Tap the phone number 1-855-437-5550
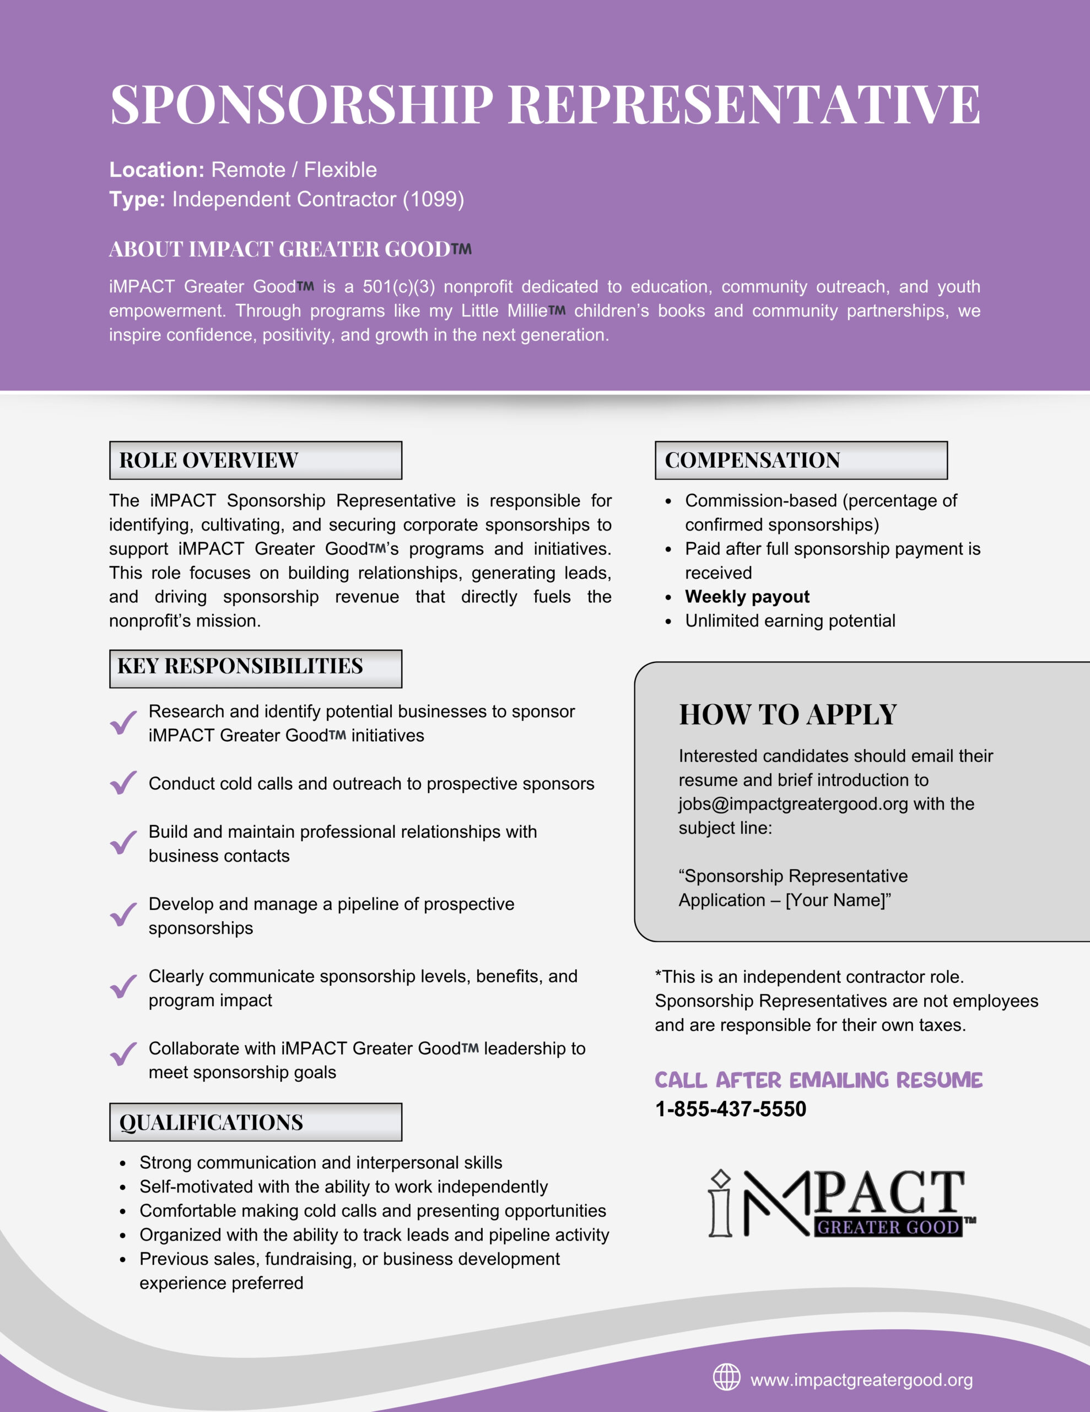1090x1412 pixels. tap(731, 1109)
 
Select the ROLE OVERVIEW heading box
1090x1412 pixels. tap(255, 461)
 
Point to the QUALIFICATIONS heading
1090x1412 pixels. tap(211, 1122)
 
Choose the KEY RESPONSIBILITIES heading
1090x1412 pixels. tap(240, 666)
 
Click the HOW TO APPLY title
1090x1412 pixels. tap(787, 715)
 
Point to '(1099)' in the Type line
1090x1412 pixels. tap(434, 199)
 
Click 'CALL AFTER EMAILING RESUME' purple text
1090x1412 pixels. tap(818, 1081)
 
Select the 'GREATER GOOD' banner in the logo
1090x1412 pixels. tap(888, 1227)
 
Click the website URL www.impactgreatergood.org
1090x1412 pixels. tap(861, 1381)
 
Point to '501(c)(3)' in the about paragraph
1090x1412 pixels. tap(398, 286)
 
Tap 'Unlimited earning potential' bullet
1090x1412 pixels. tap(790, 621)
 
